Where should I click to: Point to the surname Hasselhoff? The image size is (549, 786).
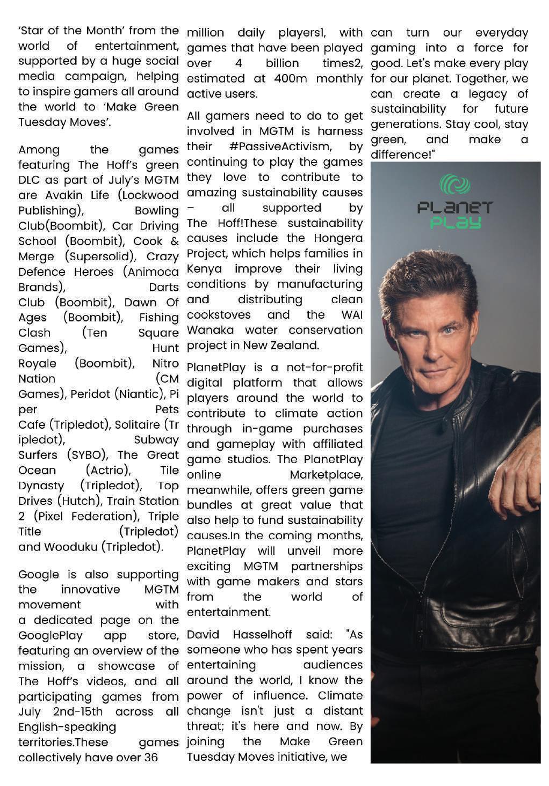point(262,635)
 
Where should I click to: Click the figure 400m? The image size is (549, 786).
point(290,78)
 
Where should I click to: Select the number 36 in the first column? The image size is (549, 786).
point(151,758)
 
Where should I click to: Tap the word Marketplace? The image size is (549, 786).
point(326,475)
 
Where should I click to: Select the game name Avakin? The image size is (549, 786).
point(63,195)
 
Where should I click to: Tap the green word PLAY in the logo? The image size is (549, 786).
point(455,222)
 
